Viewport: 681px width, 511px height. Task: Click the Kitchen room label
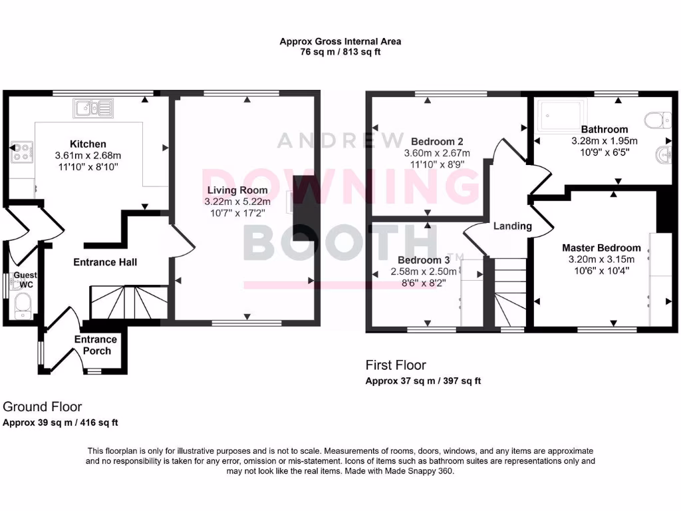point(88,144)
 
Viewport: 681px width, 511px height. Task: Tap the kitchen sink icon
point(93,107)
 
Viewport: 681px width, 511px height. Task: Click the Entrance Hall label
point(105,262)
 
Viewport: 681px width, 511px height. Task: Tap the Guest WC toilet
point(22,305)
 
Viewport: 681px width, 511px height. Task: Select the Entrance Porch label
point(96,345)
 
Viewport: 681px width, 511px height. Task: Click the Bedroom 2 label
point(437,141)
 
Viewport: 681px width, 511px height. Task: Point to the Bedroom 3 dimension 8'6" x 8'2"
point(423,282)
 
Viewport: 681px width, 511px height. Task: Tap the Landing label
point(512,226)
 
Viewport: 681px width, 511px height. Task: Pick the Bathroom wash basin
point(662,155)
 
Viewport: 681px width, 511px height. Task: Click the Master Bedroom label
point(601,248)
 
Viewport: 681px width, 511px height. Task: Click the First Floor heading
point(396,365)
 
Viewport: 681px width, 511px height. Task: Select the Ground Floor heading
point(43,407)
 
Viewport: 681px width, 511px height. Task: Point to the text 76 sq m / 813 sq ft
point(340,52)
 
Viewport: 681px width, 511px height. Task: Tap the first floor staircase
point(509,293)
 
